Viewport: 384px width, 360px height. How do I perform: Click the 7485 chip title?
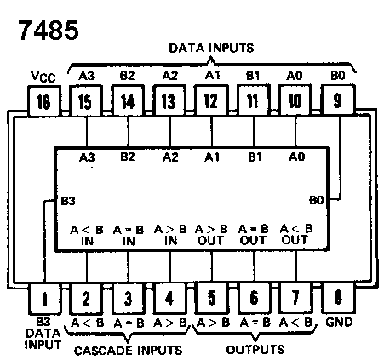click(x=49, y=30)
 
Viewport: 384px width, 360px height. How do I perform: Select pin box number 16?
click(x=44, y=101)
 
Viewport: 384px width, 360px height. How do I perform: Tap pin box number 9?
click(x=338, y=100)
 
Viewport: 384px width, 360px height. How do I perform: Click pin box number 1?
click(x=45, y=299)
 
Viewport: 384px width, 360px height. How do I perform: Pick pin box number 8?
click(x=338, y=298)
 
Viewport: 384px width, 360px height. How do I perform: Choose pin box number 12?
click(x=211, y=100)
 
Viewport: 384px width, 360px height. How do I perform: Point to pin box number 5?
click(x=211, y=298)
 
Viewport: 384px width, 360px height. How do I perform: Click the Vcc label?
click(x=43, y=77)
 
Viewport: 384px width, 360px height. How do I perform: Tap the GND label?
click(x=339, y=323)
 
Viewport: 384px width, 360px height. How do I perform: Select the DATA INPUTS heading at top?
click(x=211, y=48)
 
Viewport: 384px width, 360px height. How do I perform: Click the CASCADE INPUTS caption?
click(x=128, y=351)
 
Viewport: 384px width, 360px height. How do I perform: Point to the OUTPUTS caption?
click(x=255, y=349)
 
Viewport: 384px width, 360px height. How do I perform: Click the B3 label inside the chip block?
click(x=68, y=201)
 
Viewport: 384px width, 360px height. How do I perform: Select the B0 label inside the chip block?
click(x=317, y=200)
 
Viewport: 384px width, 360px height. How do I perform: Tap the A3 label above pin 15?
click(x=86, y=76)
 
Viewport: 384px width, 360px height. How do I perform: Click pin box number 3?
click(x=129, y=299)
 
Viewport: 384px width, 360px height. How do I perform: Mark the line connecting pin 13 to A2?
click(x=169, y=131)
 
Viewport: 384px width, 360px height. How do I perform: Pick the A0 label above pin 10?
click(x=295, y=76)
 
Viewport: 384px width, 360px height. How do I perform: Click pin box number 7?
click(x=295, y=298)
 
